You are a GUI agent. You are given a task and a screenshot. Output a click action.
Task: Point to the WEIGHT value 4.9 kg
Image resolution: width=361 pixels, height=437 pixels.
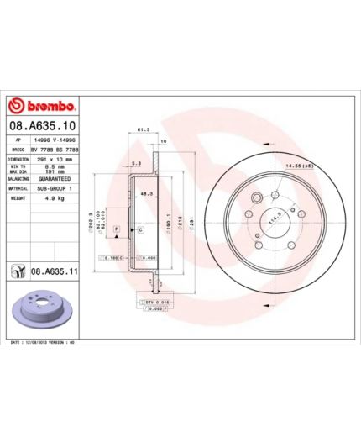[56, 200]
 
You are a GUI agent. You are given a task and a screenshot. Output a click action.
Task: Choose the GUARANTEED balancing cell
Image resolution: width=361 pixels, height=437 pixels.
[56, 179]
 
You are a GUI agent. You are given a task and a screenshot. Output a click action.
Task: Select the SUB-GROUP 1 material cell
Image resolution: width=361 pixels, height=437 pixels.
[56, 189]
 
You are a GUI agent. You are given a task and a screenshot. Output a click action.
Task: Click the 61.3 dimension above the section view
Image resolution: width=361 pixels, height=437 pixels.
[144, 130]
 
